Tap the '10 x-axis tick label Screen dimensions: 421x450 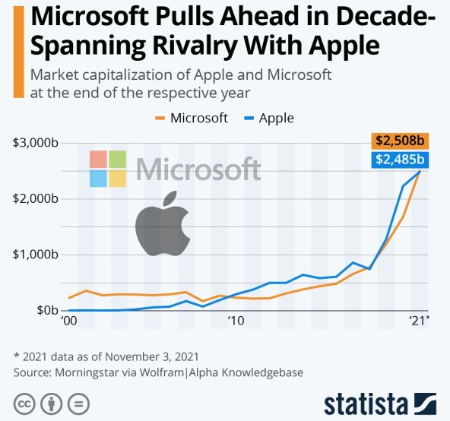(x=236, y=321)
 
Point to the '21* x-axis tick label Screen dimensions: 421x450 (x=419, y=321)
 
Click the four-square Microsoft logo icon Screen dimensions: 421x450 (x=107, y=169)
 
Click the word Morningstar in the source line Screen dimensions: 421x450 (x=92, y=372)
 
